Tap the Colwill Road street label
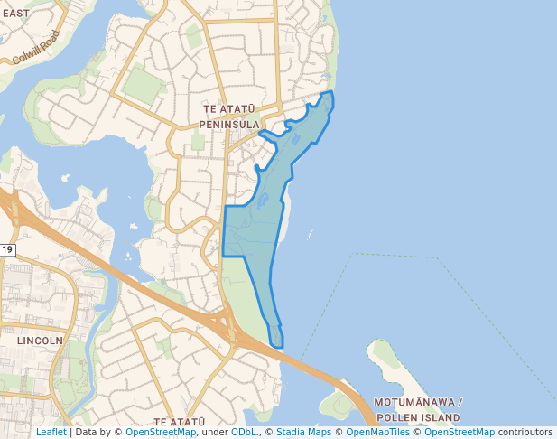coord(36,47)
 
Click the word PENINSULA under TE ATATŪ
coord(229,124)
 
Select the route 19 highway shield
coord(7,249)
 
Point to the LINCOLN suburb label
coord(40,341)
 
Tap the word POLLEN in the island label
coord(397,417)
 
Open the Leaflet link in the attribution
coord(51,432)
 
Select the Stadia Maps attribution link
coord(303,432)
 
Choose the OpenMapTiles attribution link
coord(378,432)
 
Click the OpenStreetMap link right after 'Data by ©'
coord(161,432)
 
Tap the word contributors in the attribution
coord(525,432)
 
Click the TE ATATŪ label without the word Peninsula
coord(180,422)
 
